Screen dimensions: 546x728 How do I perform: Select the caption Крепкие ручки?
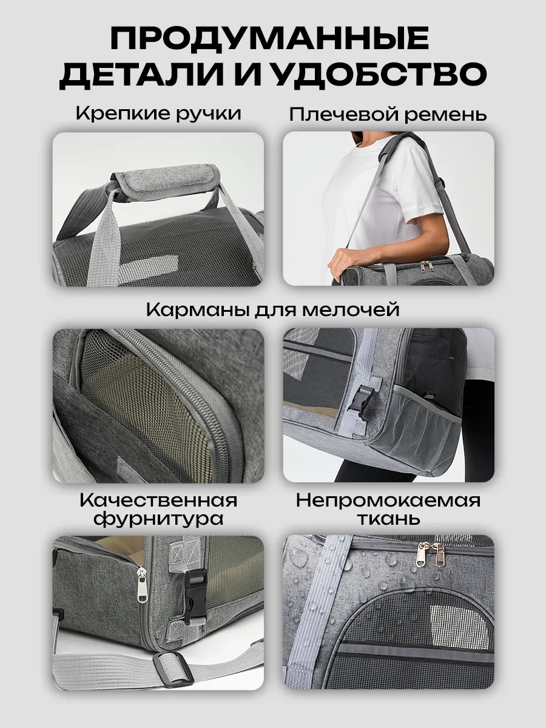[x=158, y=113]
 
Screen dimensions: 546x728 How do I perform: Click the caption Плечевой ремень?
[x=388, y=114]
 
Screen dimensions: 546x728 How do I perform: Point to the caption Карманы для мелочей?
[x=272, y=310]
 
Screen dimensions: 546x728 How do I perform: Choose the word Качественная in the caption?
[x=158, y=500]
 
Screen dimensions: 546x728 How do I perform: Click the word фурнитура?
[x=158, y=519]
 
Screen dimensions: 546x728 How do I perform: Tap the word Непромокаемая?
[x=388, y=500]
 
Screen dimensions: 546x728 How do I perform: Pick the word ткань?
[x=388, y=519]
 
